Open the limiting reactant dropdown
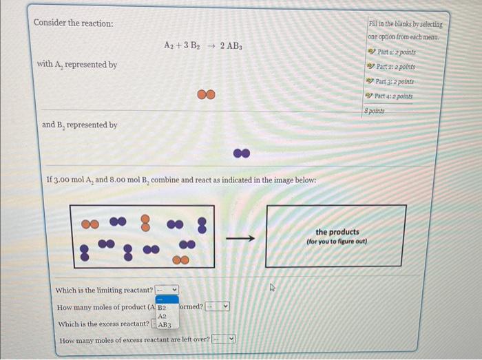pyautogui.click(x=167, y=290)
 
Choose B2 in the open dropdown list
pyautogui.click(x=163, y=308)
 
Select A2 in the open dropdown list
pyautogui.click(x=163, y=316)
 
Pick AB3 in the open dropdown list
pyautogui.click(x=165, y=324)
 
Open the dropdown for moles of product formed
pyautogui.click(x=219, y=307)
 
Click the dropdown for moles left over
pyautogui.click(x=224, y=339)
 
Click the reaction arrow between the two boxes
pyautogui.click(x=240, y=239)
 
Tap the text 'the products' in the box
pyautogui.click(x=337, y=232)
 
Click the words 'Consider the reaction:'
pyautogui.click(x=74, y=23)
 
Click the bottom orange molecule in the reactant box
pyautogui.click(x=180, y=260)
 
